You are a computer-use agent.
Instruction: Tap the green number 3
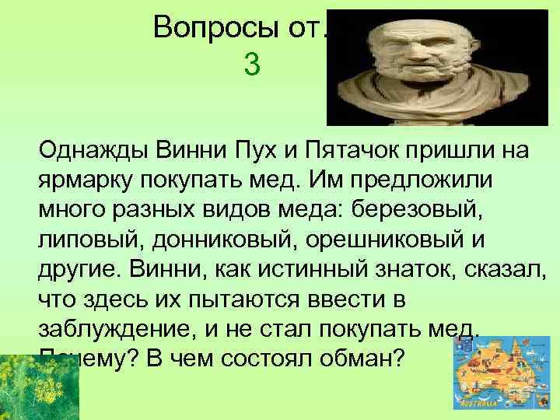pos(251,64)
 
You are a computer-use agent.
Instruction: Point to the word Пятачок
pos(334,149)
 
